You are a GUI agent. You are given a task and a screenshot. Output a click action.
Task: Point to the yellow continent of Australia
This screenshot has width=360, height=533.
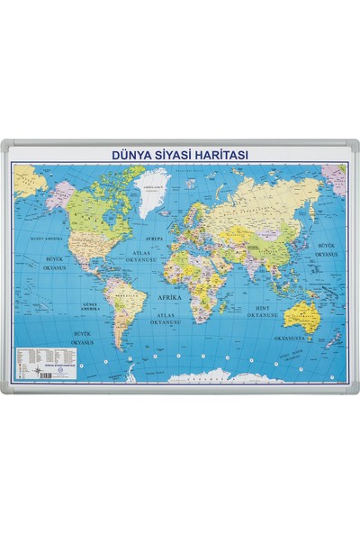(300, 314)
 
